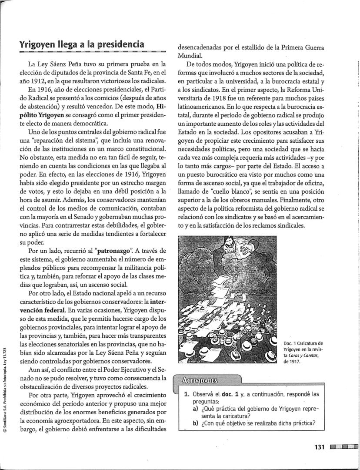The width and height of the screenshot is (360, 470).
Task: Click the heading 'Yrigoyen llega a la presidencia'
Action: [82, 44]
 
